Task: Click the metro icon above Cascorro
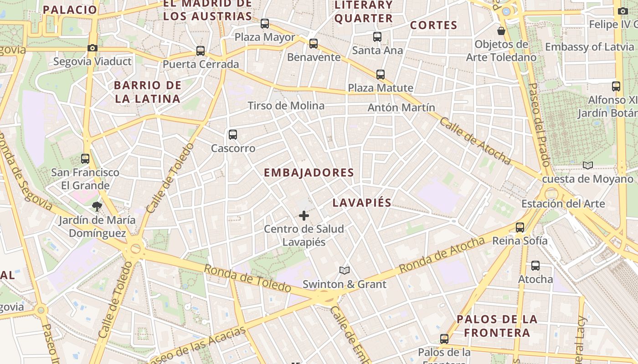click(x=233, y=135)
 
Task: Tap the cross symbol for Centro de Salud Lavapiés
click(x=304, y=216)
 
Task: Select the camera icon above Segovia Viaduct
click(x=93, y=48)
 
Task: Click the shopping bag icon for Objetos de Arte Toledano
click(x=501, y=31)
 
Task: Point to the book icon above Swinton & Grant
click(x=345, y=271)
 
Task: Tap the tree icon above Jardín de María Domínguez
click(x=97, y=207)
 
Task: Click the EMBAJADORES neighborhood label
click(x=309, y=173)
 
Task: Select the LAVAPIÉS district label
click(x=362, y=203)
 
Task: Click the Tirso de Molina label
click(x=286, y=106)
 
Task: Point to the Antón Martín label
click(x=401, y=108)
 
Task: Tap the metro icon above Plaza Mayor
click(x=265, y=24)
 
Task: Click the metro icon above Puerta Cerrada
click(x=201, y=51)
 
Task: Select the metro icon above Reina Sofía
click(x=520, y=227)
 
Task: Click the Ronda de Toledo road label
click(x=247, y=278)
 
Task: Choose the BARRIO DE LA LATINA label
click(x=148, y=92)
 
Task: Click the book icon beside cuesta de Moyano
click(x=588, y=166)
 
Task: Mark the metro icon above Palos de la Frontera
click(x=444, y=339)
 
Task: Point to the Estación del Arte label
click(x=563, y=203)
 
